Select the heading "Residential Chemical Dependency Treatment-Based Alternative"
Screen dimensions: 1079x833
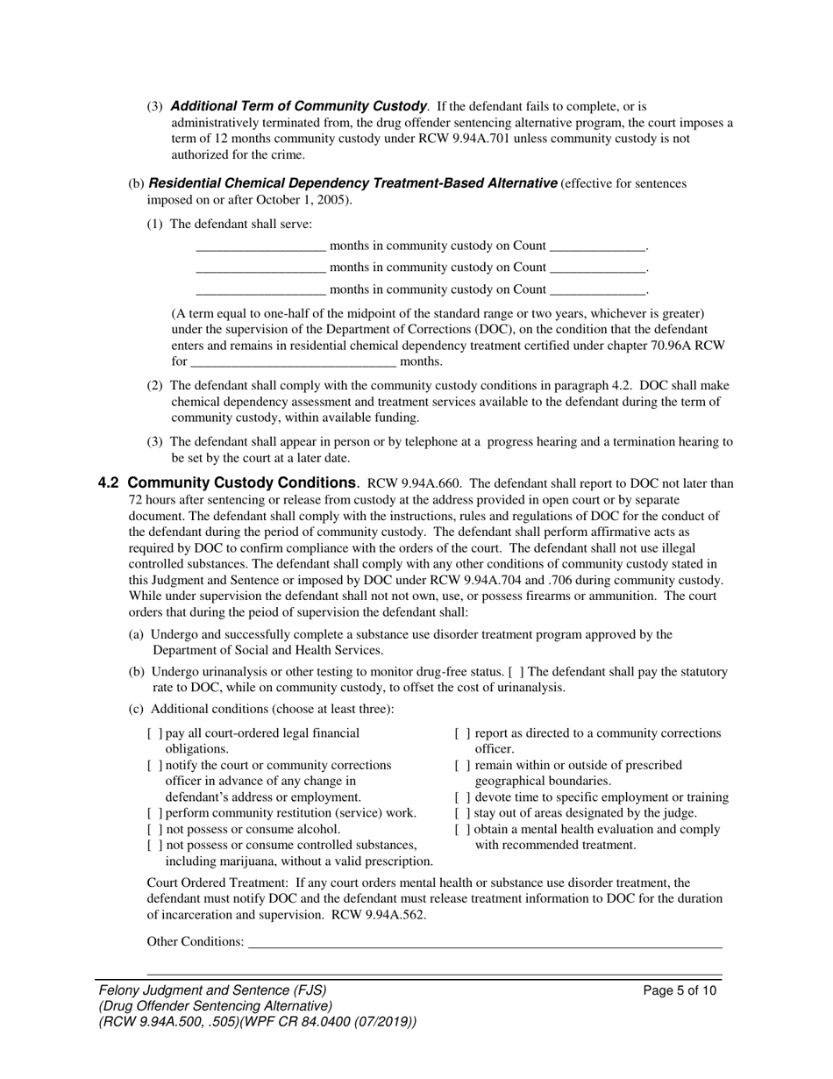coord(352,183)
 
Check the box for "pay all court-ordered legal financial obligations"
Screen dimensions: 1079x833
coord(154,733)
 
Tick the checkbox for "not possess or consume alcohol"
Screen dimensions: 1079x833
coord(154,829)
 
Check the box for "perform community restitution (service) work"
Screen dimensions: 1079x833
coord(154,813)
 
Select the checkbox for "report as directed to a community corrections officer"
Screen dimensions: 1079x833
coord(462,733)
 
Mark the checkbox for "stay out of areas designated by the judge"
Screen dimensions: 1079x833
coord(462,813)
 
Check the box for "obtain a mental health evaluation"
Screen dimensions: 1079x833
coord(462,829)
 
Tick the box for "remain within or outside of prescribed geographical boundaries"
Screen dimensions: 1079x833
coord(462,766)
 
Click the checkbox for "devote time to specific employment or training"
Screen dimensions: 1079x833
coord(462,797)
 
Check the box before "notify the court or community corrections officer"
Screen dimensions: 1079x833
coord(154,766)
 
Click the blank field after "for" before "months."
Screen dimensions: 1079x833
coord(293,361)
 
